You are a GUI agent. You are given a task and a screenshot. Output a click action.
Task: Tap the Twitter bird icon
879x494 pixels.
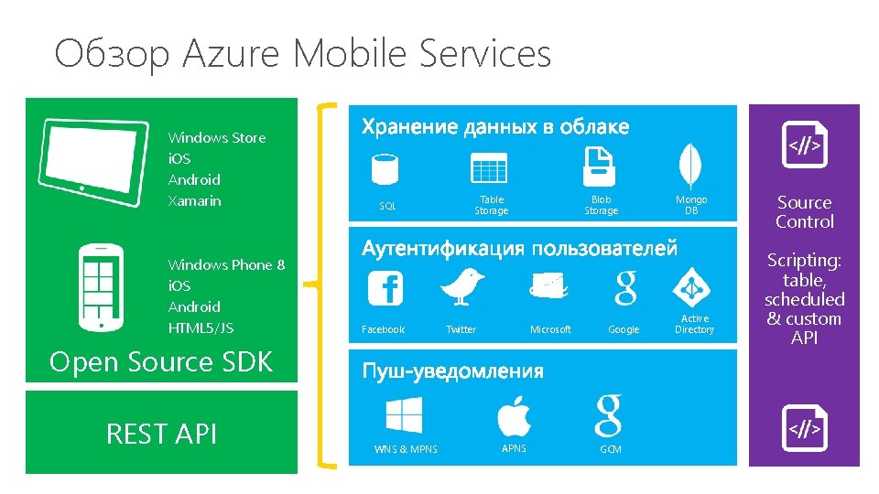coord(461,286)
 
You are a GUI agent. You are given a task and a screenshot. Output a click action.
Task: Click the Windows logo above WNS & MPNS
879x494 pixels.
coord(404,417)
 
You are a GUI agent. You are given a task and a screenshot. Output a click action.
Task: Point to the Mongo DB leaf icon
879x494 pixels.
coord(689,166)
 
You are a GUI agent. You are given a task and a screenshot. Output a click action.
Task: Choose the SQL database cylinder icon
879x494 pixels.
coord(385,169)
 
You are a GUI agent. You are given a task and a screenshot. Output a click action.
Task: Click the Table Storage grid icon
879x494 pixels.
coord(489,169)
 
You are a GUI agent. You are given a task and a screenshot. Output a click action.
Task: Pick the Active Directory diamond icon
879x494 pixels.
coord(692,288)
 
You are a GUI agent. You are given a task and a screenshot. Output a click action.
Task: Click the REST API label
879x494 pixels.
coord(162,433)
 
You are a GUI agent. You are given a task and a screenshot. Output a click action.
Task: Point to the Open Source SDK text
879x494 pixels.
coord(161,362)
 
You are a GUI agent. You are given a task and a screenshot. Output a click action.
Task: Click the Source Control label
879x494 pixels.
coord(804,212)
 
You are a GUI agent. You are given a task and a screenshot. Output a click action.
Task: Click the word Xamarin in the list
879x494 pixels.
coord(194,200)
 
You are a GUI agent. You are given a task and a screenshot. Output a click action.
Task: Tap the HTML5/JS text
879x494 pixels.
coord(201,328)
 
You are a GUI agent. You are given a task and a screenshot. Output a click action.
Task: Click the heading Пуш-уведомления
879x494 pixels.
coord(452,370)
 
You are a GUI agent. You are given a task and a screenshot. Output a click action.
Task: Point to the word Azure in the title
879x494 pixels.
coord(233,54)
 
